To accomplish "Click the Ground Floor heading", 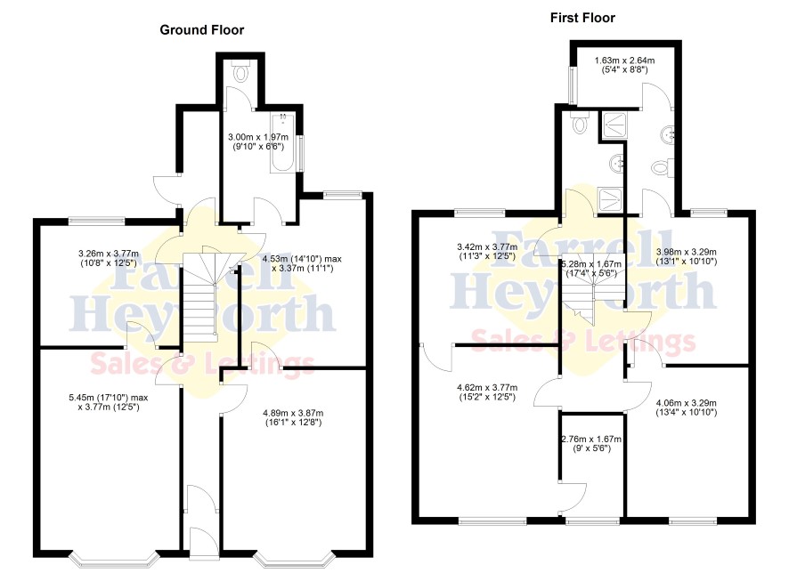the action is tap(202, 30).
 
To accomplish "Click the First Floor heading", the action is tap(582, 18).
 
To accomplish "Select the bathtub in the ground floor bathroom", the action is tap(282, 142).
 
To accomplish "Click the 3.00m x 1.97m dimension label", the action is tap(258, 141).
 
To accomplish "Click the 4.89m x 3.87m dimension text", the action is tap(293, 417).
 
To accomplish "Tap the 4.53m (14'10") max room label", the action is tap(302, 263).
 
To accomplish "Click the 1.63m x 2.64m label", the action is tap(625, 65).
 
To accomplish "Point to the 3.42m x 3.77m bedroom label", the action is tap(487, 251).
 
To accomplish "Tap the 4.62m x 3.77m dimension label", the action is tap(487, 392).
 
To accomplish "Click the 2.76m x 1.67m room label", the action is tap(591, 443).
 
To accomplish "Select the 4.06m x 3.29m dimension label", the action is tap(687, 408).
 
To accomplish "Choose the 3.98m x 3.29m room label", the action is tap(687, 256).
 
